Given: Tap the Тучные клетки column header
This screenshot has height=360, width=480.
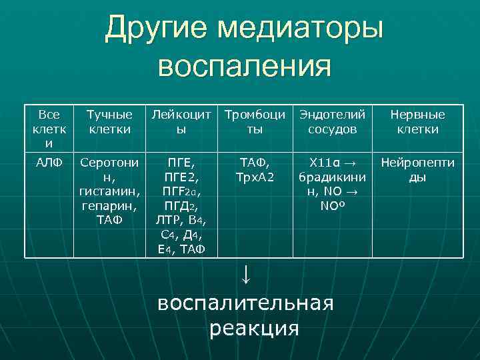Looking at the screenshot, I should tap(110, 121).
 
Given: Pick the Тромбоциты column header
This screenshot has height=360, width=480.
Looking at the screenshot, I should tap(255, 121).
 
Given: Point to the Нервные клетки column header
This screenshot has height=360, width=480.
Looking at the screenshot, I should tap(417, 121).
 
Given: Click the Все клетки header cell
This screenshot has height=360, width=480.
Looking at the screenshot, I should tap(49, 129).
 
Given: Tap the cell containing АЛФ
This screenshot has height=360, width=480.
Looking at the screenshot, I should tap(49, 162).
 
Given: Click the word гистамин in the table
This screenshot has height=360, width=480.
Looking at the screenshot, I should tap(107, 191).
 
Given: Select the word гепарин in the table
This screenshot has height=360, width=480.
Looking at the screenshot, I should tap(107, 206).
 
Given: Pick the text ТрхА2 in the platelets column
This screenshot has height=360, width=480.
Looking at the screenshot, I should tap(255, 177).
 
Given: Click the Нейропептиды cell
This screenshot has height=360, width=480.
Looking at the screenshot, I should tap(417, 169).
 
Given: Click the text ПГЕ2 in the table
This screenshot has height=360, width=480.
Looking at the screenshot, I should tap(181, 177).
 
